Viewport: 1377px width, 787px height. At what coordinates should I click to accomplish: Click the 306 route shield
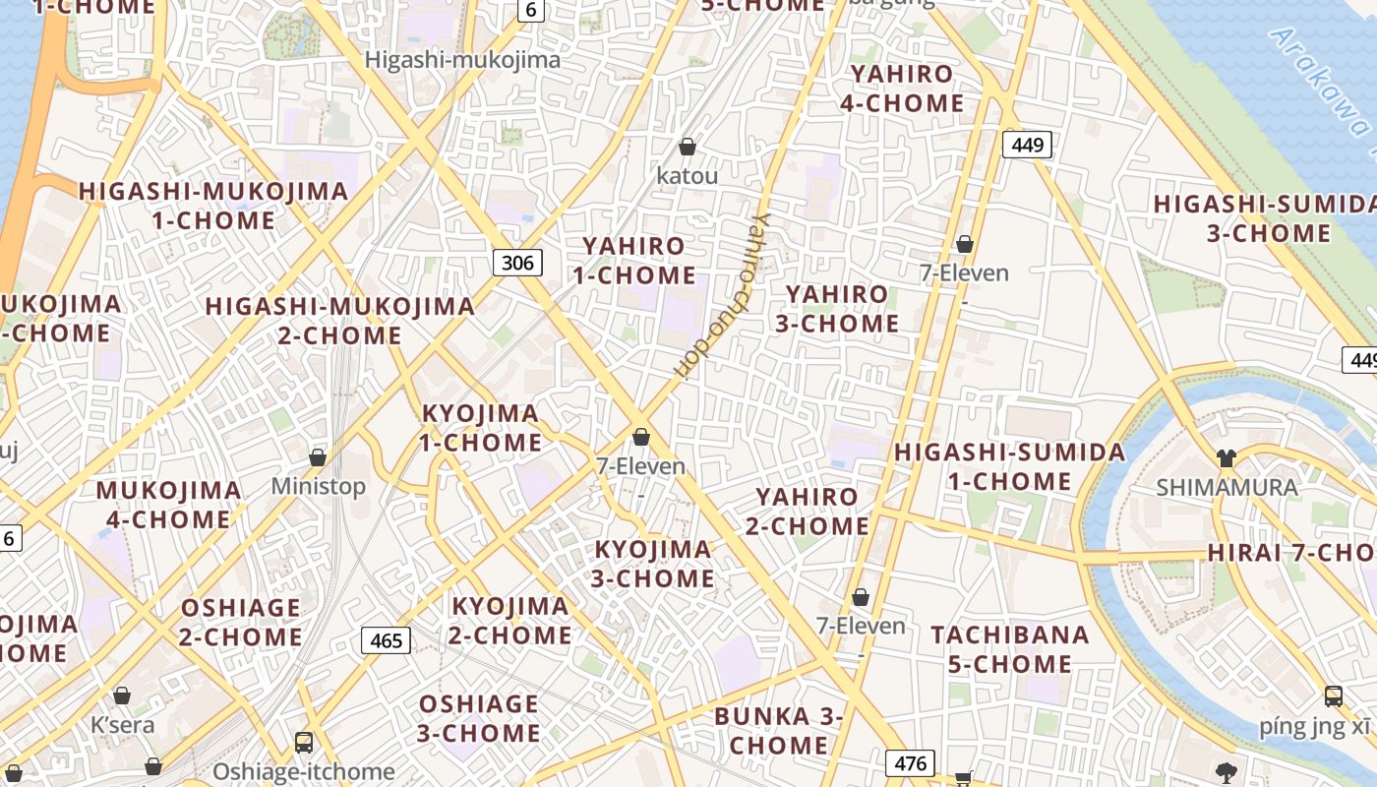[x=517, y=262]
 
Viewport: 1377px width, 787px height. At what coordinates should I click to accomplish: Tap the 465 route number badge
[x=386, y=640]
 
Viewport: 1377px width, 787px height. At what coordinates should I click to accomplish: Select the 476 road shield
[x=909, y=762]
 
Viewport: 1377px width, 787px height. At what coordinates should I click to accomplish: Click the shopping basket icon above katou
[x=688, y=147]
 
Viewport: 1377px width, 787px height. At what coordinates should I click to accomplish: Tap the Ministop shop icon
[x=318, y=457]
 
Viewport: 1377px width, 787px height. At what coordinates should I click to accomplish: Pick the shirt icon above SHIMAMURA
[x=1226, y=457]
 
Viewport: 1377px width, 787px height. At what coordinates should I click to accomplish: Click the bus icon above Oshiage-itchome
[x=304, y=743]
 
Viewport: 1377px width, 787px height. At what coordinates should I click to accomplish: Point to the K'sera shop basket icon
[x=122, y=696]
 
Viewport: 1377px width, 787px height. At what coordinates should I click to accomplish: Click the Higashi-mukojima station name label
[x=462, y=60]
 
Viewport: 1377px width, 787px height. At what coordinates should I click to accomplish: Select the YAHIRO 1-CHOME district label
[x=634, y=261]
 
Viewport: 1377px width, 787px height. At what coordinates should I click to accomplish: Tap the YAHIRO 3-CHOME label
[x=837, y=309]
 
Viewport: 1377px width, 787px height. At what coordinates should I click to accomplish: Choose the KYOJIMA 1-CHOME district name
[x=481, y=428]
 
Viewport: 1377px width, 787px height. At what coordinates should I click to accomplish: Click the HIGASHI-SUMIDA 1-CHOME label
[x=1009, y=467]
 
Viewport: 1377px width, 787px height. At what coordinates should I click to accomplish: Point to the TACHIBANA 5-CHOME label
[x=1010, y=649]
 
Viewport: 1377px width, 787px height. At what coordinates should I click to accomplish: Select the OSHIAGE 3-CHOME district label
[x=479, y=718]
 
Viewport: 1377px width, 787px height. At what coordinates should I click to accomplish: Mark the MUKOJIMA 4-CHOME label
[x=168, y=505]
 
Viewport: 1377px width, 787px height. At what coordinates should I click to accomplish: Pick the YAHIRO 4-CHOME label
[x=902, y=89]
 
